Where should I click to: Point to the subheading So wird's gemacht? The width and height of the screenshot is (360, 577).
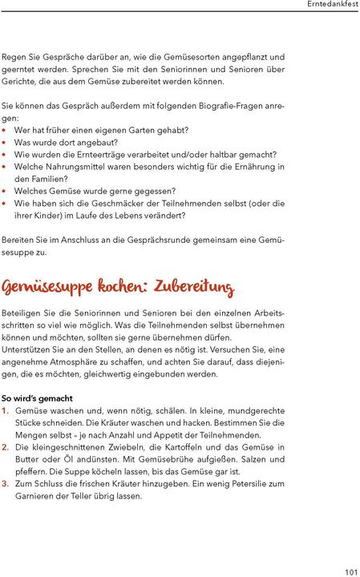38,398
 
